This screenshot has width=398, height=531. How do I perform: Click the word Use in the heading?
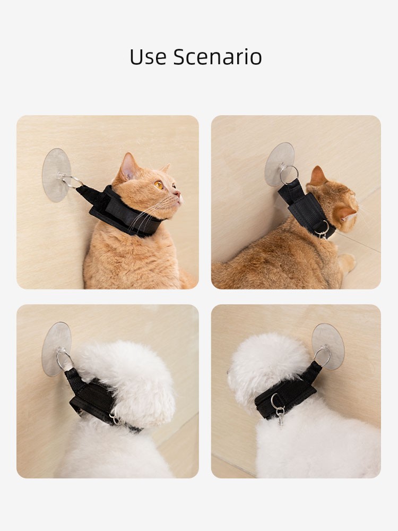(148, 57)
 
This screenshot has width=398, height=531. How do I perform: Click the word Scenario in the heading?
(218, 57)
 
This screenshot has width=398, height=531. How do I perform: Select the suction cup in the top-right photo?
(279, 165)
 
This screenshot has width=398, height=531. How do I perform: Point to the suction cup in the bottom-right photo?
(328, 346)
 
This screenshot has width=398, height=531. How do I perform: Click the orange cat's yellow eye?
(158, 185)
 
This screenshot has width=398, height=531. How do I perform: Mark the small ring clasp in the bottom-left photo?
(114, 419)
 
